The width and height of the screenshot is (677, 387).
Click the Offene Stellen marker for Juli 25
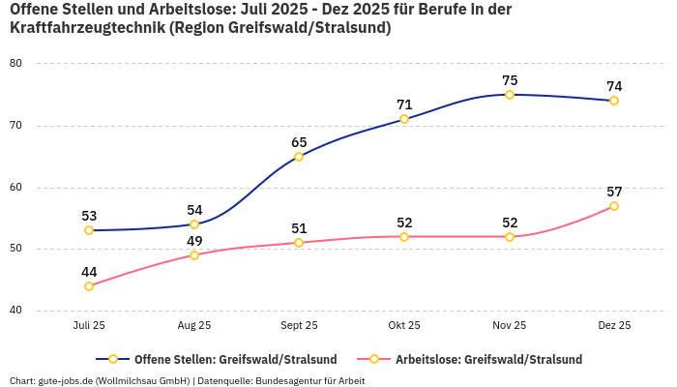coord(89,230)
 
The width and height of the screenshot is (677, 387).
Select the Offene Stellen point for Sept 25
coord(299,157)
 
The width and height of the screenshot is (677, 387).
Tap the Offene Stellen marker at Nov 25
coord(510,95)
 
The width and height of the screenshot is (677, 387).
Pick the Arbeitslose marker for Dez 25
coord(614,206)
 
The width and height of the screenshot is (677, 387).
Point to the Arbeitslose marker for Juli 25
coord(89,286)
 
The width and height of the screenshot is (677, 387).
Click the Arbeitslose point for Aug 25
coord(194,255)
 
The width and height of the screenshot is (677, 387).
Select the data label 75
coord(510,80)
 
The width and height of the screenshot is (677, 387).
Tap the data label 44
coord(89,272)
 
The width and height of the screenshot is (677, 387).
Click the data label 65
coord(299,142)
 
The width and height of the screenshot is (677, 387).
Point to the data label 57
coord(614,192)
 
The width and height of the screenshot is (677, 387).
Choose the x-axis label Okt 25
coord(404,326)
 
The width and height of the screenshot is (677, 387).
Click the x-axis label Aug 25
coord(194,326)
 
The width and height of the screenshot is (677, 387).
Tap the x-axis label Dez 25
coord(614,326)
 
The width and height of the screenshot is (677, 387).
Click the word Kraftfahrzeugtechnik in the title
coord(87,28)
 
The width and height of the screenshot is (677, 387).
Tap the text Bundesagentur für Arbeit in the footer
coord(309,380)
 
